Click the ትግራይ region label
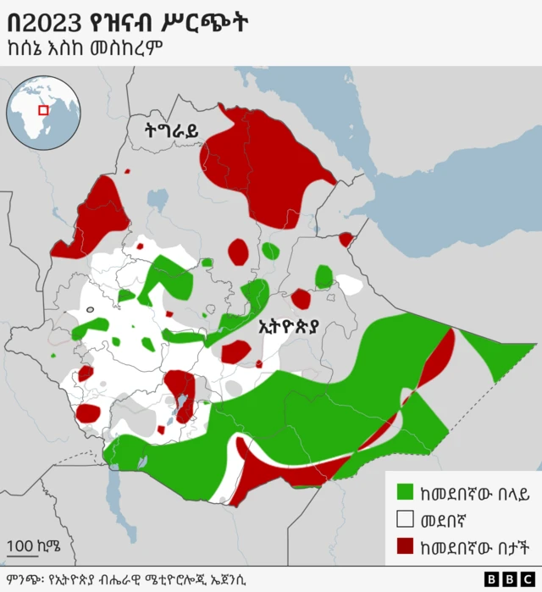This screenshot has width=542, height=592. coord(171,130)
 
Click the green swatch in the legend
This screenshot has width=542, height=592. coord(405,490)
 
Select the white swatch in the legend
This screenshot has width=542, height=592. coord(405,518)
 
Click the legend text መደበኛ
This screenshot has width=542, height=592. coord(447,518)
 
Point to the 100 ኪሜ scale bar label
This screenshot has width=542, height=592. coord(33,544)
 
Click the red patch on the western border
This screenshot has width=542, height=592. coord(94,220)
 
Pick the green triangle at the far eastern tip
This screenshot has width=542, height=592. coord(500,356)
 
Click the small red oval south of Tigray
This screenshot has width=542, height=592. coord(239,252)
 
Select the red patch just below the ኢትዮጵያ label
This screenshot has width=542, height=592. coord(235,351)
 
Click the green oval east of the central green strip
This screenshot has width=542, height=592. coord(324,277)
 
